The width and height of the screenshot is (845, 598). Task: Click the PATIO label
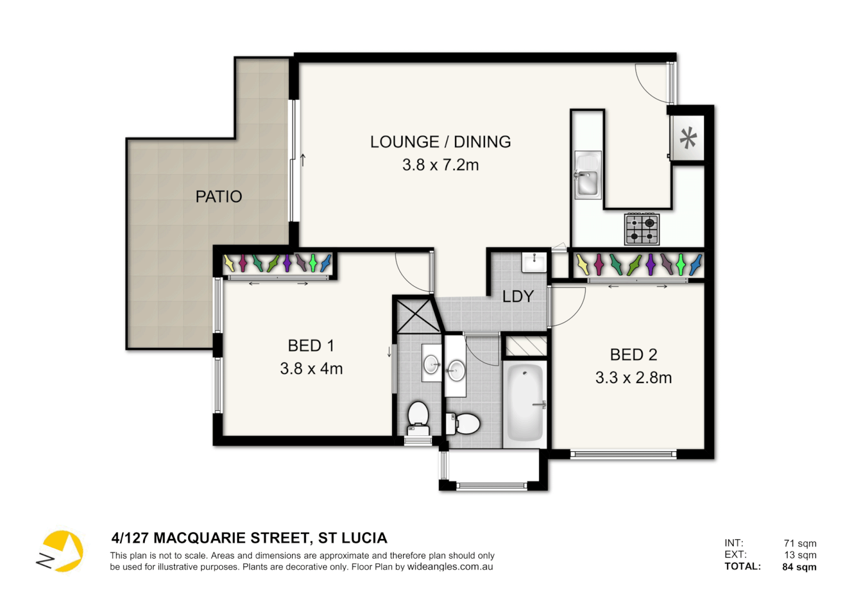[x=218, y=197]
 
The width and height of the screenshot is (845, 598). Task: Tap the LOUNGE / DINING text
[x=440, y=142]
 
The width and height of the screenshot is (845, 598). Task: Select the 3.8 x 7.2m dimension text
[x=440, y=165]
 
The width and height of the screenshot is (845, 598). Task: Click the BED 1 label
[x=311, y=346]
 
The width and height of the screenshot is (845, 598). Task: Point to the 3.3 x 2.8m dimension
[x=633, y=378]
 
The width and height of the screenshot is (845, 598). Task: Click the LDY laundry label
[x=518, y=297]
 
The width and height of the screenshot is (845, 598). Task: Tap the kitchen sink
[x=587, y=176]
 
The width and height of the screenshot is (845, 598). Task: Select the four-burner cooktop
[x=642, y=229]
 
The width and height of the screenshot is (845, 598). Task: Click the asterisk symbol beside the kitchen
[x=688, y=138]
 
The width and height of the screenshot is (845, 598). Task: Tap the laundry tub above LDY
[x=534, y=262]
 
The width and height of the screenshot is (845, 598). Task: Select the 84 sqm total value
[x=799, y=566]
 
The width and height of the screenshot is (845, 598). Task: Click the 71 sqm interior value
[x=800, y=543]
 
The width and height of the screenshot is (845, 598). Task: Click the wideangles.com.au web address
[x=450, y=567]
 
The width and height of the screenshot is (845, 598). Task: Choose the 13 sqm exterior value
[x=800, y=555]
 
